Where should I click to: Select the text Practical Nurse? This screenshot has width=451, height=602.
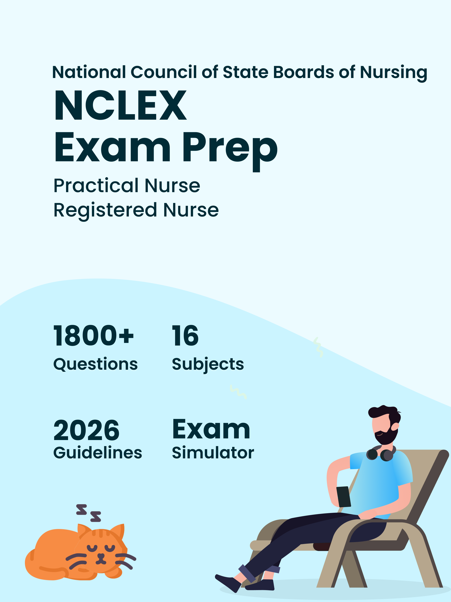pos(127,186)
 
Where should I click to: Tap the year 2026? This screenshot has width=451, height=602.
pos(87,430)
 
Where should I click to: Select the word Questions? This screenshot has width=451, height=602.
pos(96,364)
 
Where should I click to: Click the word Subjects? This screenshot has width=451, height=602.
pos(208,365)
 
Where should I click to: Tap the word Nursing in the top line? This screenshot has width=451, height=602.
pos(394,73)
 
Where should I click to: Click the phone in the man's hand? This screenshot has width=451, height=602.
pos(344,497)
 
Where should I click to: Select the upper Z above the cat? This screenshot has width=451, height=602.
pos(81,509)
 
